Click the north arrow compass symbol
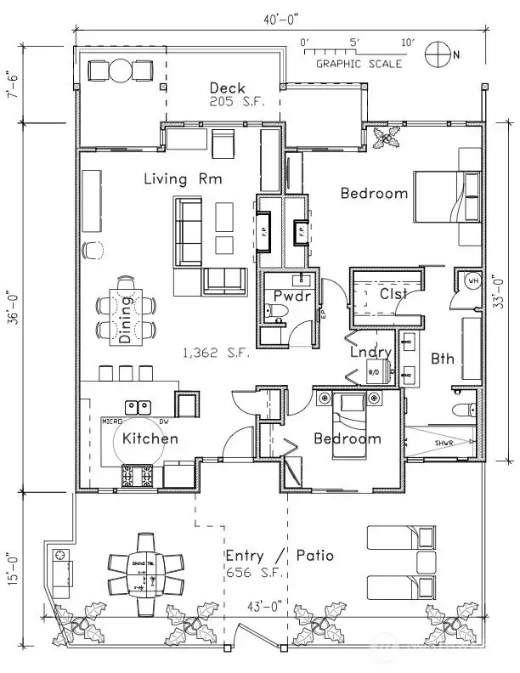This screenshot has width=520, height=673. tap(439, 53)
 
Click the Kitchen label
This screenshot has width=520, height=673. tap(150, 438)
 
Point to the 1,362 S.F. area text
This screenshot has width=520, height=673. tap(218, 353)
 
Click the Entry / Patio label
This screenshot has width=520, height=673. tap(279, 557)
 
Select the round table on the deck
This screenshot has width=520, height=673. tap(121, 70)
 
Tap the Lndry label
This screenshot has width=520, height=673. tap(371, 352)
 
